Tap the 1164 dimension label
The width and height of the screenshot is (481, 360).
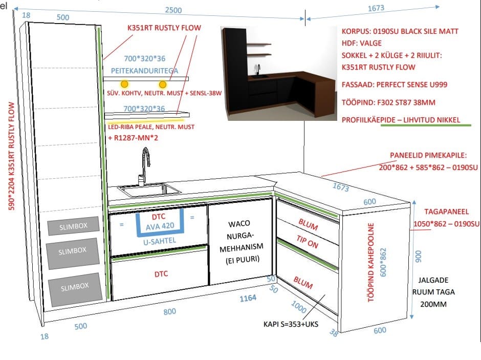tap(248, 298)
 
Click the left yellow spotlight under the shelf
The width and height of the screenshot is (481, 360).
tap(124, 83)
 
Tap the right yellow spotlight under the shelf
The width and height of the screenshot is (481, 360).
tap(163, 84)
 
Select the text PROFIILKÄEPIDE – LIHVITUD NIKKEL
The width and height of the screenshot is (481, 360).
tap(401, 120)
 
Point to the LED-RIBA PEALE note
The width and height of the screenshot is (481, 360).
tap(151, 126)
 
